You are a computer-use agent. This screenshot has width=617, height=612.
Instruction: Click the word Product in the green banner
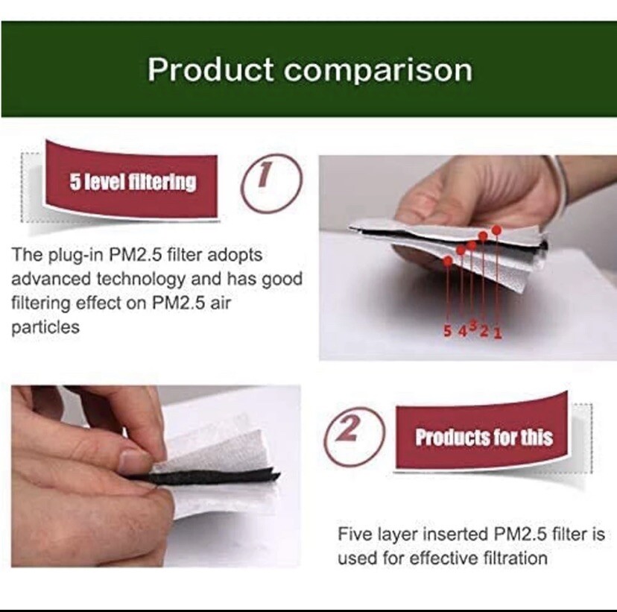pos(210,69)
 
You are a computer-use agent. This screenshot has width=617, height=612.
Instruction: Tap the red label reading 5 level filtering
pos(131,181)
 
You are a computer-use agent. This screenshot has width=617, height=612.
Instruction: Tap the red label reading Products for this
pos(484,437)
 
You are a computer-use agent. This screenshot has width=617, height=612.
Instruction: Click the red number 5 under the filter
pos(447,332)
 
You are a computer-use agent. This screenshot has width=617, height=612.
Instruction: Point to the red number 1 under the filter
pos(498,333)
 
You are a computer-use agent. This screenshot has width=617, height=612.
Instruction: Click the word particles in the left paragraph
pos(45,327)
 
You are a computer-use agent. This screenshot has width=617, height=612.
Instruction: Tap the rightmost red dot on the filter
pos(496,230)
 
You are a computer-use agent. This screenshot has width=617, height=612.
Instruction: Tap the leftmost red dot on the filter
pos(448,260)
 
